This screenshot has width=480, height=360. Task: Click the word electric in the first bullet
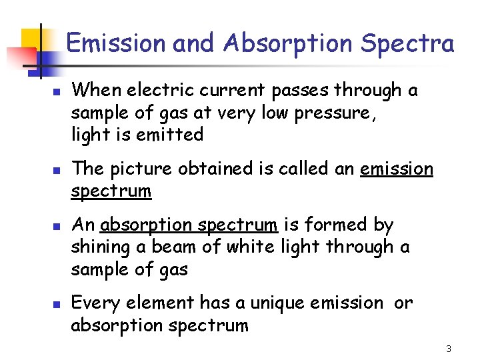click(159, 90)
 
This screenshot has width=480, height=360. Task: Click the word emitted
click(171, 135)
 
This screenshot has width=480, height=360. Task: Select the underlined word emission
click(396, 169)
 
